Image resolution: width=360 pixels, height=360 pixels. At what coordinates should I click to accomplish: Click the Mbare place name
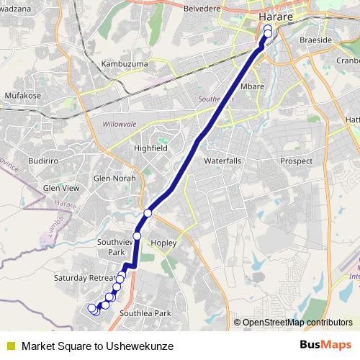(252, 86)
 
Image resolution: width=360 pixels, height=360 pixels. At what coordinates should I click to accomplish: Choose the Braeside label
(316, 40)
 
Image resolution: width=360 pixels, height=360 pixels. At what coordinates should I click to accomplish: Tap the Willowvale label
(120, 124)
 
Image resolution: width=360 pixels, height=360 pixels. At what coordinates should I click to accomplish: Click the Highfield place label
(150, 148)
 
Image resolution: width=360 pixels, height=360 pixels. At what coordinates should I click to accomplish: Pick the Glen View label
(61, 188)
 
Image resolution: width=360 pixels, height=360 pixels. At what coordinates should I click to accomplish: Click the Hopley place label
(163, 243)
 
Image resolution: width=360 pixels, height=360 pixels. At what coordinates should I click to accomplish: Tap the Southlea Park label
(145, 313)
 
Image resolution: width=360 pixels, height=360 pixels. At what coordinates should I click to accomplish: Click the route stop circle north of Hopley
(148, 212)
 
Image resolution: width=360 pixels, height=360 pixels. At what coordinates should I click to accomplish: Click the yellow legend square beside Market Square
(11, 346)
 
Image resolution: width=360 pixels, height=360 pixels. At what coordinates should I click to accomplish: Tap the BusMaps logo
(325, 346)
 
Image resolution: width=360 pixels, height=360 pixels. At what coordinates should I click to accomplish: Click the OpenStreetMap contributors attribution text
(297, 323)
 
